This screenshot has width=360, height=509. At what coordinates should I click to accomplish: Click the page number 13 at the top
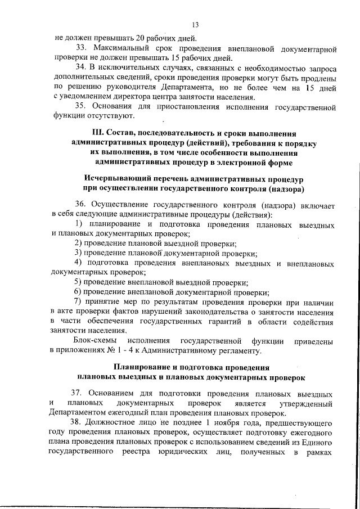[x=195, y=25]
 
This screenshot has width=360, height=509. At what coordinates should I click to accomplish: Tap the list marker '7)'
[x=79, y=302]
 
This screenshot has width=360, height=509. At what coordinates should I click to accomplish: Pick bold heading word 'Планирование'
[x=141, y=367]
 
